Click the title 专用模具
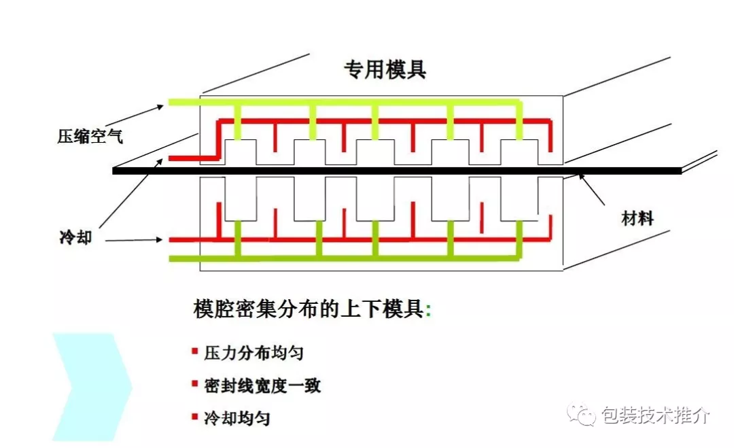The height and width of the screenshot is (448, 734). coord(385,69)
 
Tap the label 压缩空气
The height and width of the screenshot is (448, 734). coord(90,137)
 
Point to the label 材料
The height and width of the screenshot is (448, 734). coord(637,218)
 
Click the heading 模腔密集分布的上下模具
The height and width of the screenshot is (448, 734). coord(310,310)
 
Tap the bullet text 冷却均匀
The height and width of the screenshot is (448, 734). coord(237,418)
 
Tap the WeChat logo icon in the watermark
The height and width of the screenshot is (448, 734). coord(582,414)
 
